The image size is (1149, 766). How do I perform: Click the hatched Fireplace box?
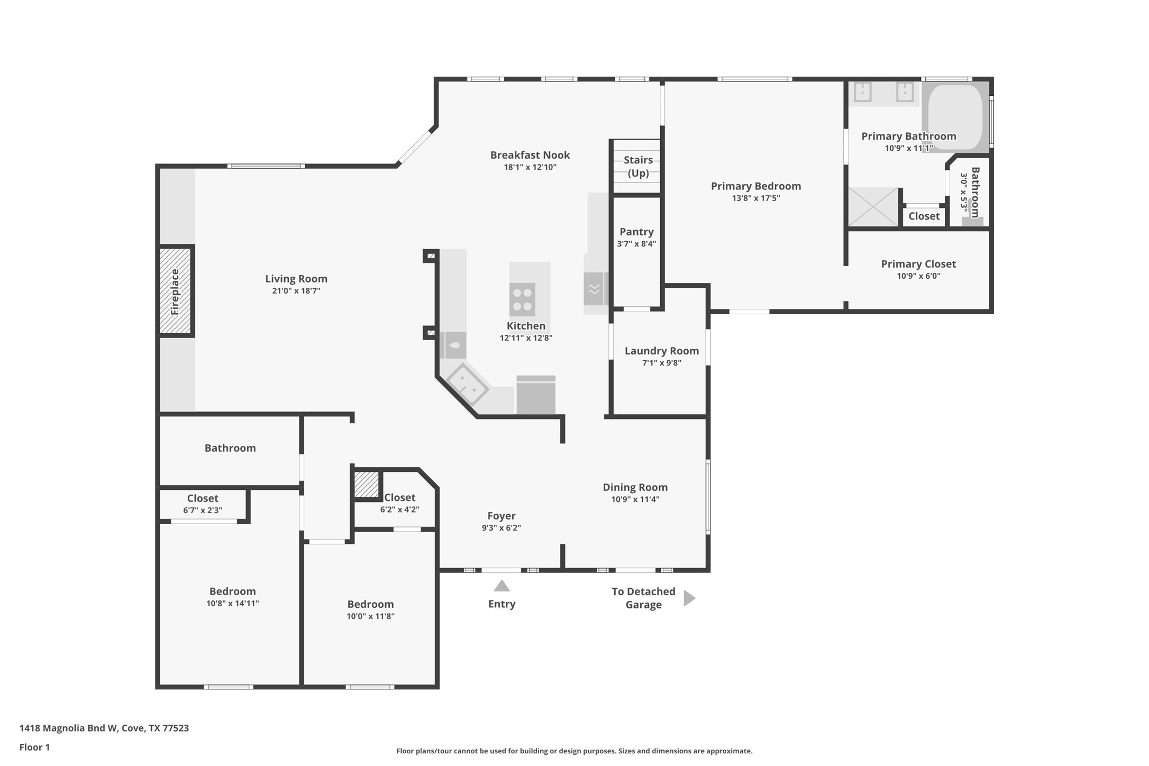point(176,291)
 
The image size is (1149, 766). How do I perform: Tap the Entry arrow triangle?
point(501,586)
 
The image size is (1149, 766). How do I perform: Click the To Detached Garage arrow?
point(689,598)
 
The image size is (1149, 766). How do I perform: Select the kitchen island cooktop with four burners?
point(522,299)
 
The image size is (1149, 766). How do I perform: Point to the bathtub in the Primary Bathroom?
point(955,116)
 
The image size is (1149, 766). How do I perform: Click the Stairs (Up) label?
point(638,166)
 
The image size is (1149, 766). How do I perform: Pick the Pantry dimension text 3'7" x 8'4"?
point(636,244)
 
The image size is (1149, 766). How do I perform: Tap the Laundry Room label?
point(661,351)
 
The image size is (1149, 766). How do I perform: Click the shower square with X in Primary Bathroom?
point(873,207)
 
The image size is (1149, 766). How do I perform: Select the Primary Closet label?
point(918,264)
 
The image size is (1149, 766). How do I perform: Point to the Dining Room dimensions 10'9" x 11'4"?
point(635,499)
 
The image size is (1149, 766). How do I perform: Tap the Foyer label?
point(501,516)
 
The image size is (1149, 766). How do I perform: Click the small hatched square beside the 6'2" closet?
point(366,484)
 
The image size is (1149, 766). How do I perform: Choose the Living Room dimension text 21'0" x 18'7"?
point(296,291)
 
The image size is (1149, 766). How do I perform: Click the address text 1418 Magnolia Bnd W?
point(104,728)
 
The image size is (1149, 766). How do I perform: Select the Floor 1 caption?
point(34,747)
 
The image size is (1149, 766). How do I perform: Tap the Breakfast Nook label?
point(530,155)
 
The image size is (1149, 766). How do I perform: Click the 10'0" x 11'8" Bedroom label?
point(370,604)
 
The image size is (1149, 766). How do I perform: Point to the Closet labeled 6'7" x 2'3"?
point(203,498)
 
